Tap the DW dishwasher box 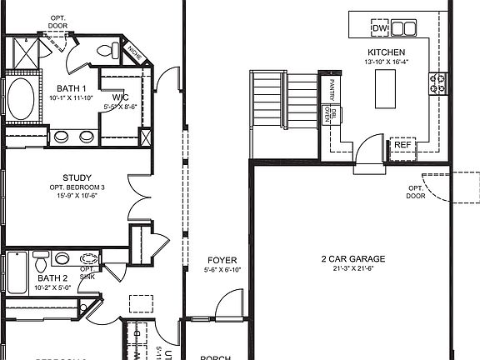(x=380, y=29)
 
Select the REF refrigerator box (x=402, y=145)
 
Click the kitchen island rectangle (x=386, y=88)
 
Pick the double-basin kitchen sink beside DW (x=403, y=29)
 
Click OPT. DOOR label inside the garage (x=416, y=192)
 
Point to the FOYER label (x=222, y=259)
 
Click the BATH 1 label (x=72, y=87)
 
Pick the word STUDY (x=77, y=177)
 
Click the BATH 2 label (x=52, y=278)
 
